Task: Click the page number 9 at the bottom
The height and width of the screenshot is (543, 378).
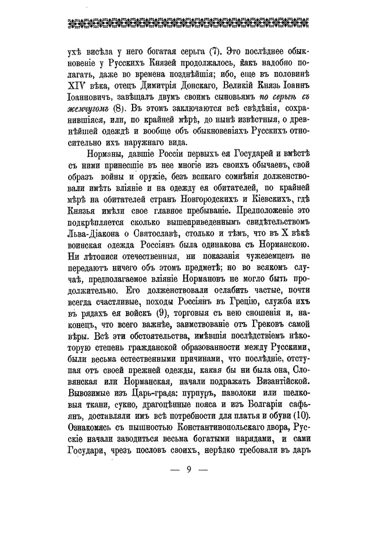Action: point(189,470)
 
